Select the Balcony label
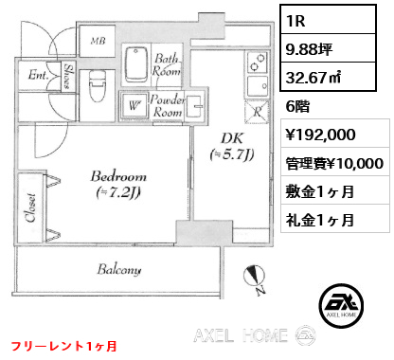point(119,270)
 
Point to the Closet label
point(31,207)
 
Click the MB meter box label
point(98,41)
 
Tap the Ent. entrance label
point(38,75)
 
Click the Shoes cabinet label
point(68,76)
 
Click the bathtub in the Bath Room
point(136,65)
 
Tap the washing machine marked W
point(134,105)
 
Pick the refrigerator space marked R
point(258,112)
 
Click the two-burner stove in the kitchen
point(258,63)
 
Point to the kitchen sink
point(258,86)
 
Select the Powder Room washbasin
point(194,106)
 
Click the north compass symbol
point(255,278)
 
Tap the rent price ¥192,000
point(320,135)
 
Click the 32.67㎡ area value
point(313,78)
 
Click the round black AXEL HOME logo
point(341,305)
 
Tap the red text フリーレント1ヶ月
point(64,346)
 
